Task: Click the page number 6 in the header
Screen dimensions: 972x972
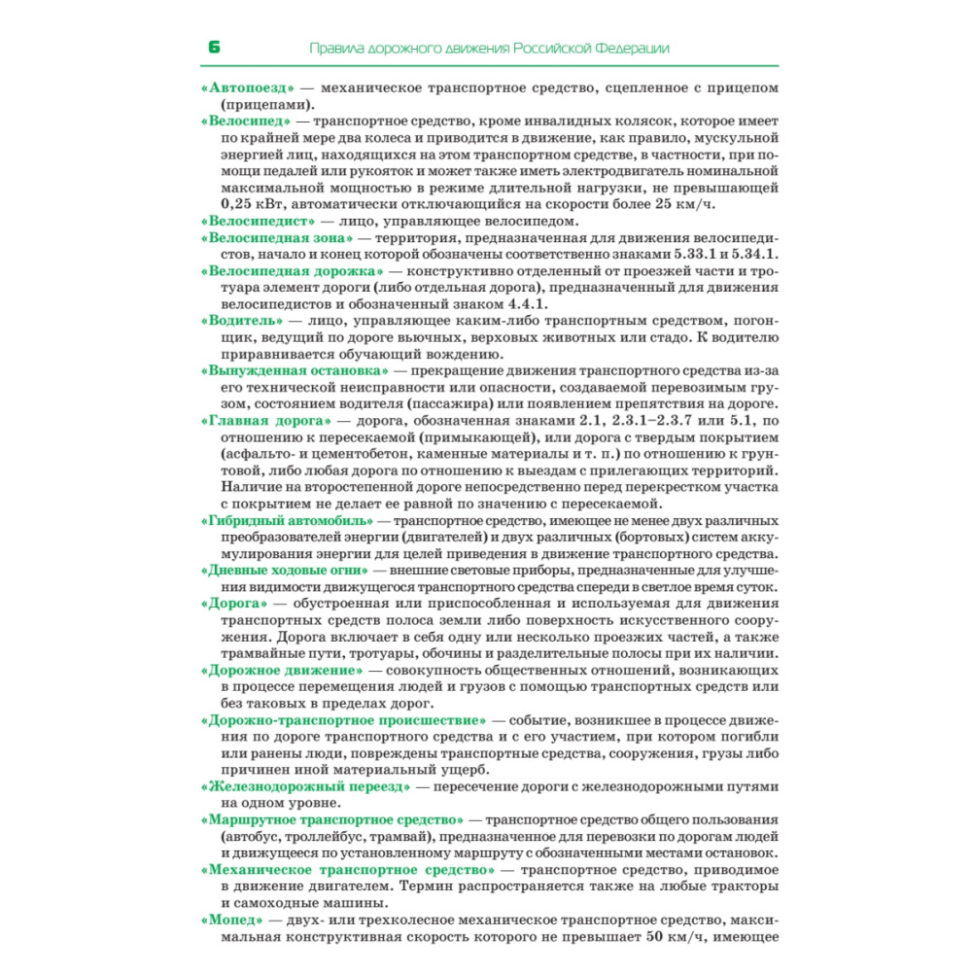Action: tap(215, 48)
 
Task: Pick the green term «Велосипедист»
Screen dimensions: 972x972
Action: tap(255, 221)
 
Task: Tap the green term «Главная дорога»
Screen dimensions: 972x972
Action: tap(264, 420)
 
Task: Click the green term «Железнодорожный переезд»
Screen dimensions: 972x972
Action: tap(306, 786)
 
